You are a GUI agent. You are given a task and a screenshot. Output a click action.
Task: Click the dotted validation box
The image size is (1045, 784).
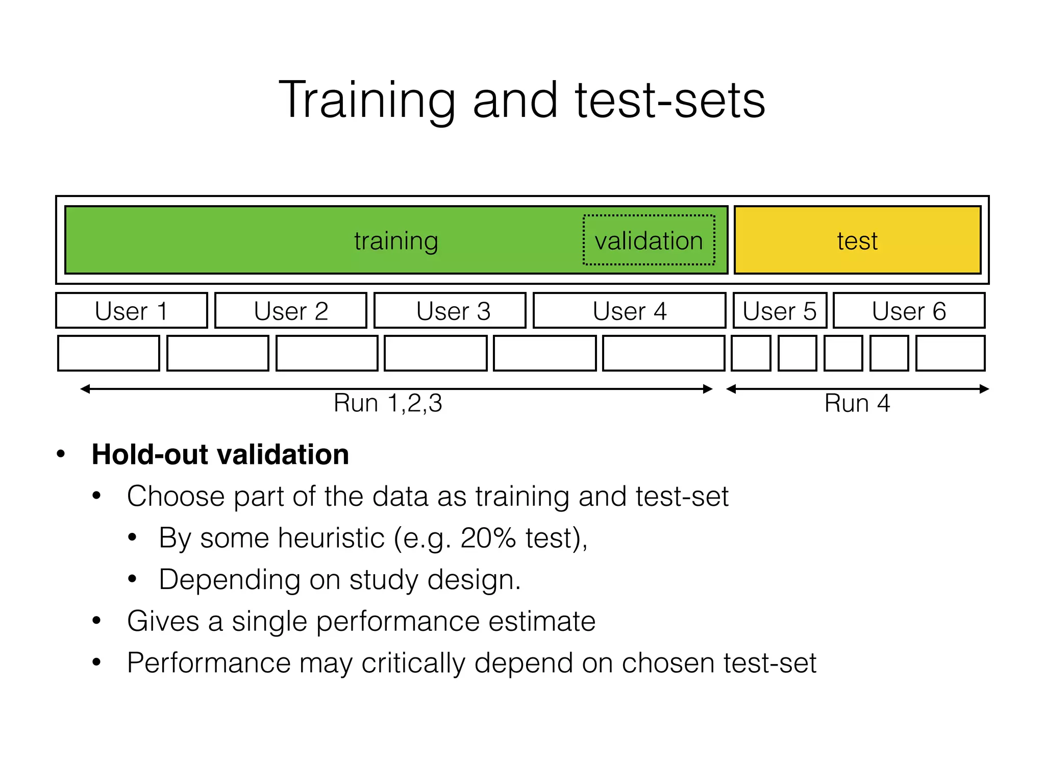coord(649,240)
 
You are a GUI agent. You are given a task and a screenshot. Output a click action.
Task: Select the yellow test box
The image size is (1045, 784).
coord(857,240)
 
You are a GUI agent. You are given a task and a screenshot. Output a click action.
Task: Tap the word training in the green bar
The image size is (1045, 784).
coord(396,241)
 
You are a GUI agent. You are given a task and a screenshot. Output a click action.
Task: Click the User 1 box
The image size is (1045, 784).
coord(132,311)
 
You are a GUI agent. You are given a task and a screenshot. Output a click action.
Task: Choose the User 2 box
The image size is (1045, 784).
coord(291,311)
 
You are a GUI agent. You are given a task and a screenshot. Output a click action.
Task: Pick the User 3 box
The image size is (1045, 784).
coord(450,311)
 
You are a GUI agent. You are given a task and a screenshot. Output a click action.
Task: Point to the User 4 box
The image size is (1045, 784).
coord(630,311)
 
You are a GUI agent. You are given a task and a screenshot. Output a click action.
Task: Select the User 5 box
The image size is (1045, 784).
coord(780,311)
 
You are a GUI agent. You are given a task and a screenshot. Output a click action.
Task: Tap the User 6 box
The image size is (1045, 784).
coord(909,311)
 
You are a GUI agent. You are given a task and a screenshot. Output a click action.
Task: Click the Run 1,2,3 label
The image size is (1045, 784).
coord(388,403)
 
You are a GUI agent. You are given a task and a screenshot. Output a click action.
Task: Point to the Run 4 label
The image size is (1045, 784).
coord(857,403)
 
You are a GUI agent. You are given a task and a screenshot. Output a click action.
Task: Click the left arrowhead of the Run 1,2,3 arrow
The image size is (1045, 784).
coord(85,389)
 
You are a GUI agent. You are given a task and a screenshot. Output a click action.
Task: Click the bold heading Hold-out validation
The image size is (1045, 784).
coord(220,454)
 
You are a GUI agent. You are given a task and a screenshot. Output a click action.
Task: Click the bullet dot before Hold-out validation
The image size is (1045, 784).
coord(61,454)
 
